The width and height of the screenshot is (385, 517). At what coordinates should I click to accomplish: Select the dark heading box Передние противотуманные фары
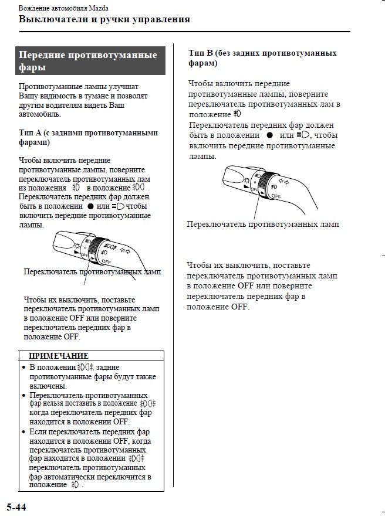pos(90,61)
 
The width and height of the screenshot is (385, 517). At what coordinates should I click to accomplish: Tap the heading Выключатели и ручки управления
pos(104,19)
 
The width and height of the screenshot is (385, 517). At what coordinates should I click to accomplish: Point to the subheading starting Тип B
pos(262,57)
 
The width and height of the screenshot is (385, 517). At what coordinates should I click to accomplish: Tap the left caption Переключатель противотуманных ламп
pos(92,271)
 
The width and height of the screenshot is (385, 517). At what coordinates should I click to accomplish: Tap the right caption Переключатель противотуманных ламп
pos(262,224)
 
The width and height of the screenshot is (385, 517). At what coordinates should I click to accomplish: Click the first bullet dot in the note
pos(23,368)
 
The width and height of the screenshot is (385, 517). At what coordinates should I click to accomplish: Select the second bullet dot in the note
pos(23,396)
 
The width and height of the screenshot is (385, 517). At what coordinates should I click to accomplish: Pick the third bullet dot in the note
pos(23,432)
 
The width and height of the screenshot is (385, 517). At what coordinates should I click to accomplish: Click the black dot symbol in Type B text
pos(270,135)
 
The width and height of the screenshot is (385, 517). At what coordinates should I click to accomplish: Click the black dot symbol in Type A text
pos(90,206)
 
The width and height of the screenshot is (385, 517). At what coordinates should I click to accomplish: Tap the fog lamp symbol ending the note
pos(75,485)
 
